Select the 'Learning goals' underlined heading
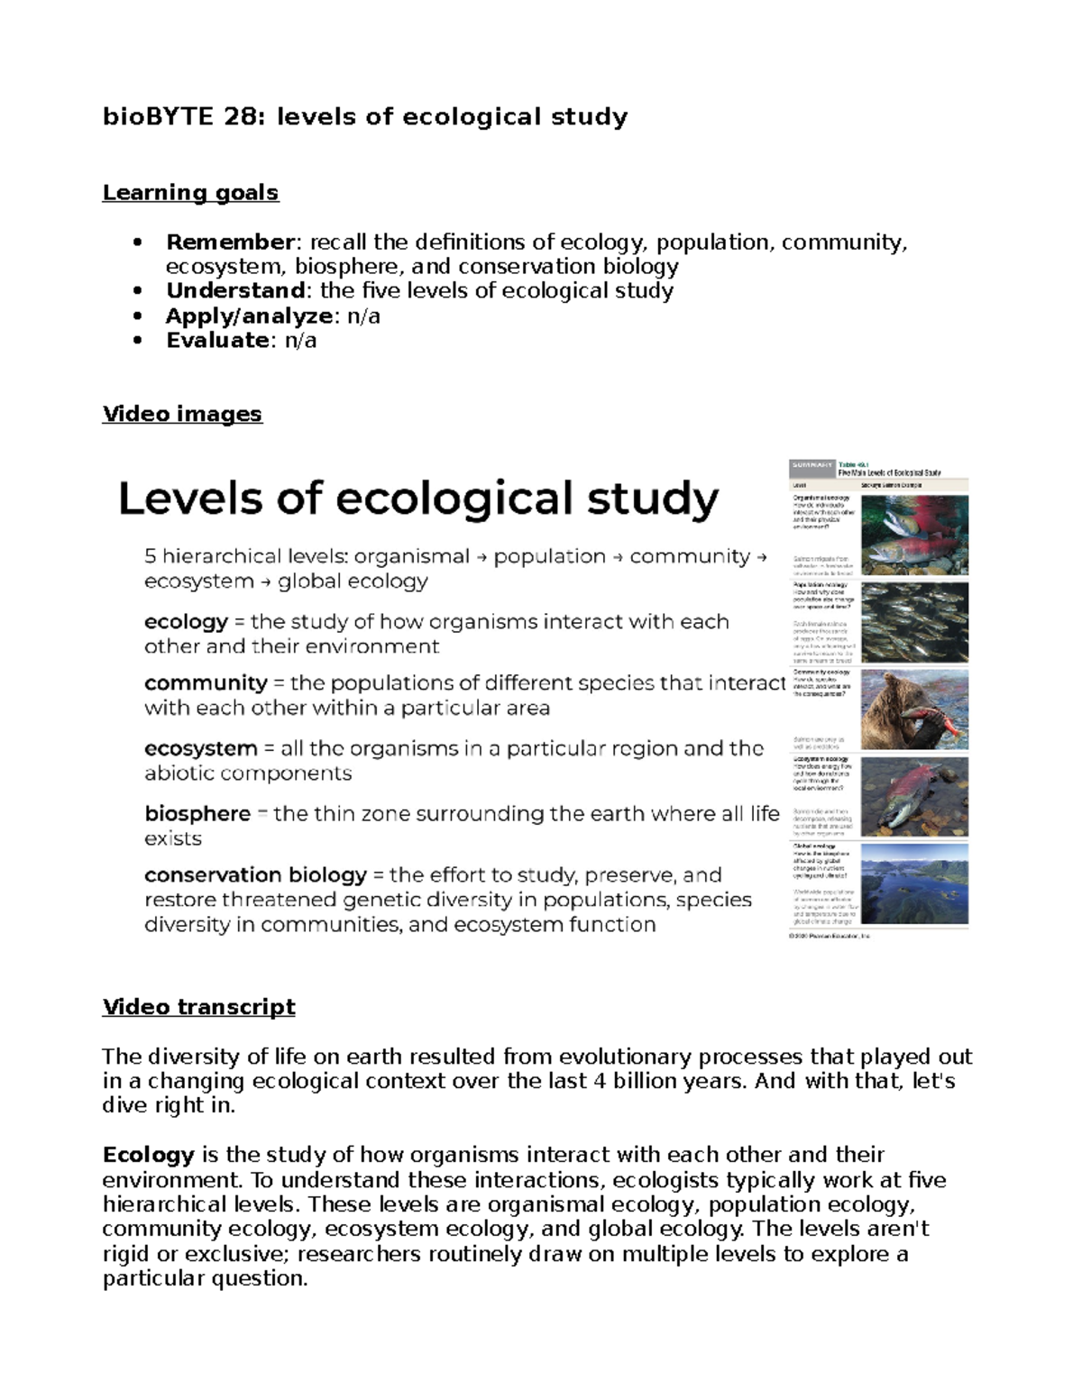click(190, 193)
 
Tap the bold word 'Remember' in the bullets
click(230, 242)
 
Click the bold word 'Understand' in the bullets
click(235, 291)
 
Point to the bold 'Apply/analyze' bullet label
click(249, 316)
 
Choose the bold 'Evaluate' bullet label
click(217, 341)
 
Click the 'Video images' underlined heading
click(182, 415)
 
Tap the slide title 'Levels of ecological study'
click(418, 499)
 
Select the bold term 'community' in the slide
click(206, 683)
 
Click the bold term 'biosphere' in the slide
click(197, 814)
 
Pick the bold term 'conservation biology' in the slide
click(255, 875)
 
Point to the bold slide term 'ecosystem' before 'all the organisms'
click(200, 749)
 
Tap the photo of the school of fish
click(914, 622)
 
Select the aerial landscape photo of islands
click(914, 883)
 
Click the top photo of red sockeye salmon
click(914, 535)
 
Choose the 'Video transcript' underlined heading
click(198, 1007)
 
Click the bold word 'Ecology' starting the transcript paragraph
click(148, 1156)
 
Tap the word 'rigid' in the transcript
click(126, 1255)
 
